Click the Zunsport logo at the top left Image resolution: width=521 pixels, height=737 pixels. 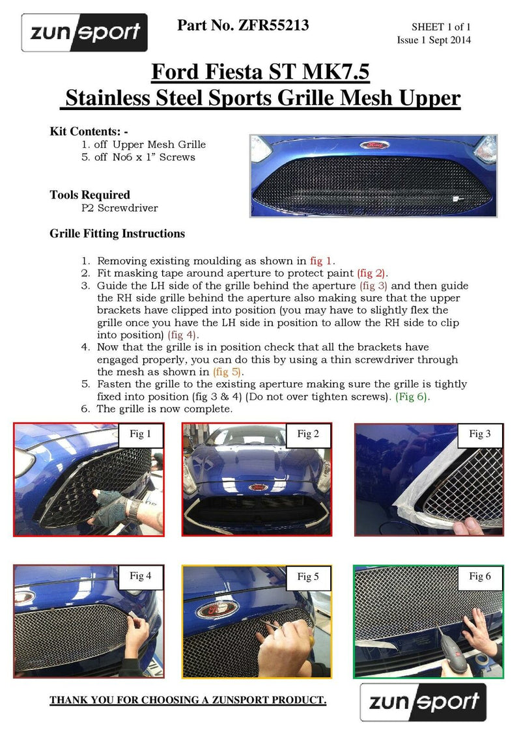pos(84,33)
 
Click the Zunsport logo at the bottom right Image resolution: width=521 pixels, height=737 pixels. pos(423,702)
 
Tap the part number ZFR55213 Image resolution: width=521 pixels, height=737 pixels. pos(242,25)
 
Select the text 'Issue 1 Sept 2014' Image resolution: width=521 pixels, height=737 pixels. pos(434,40)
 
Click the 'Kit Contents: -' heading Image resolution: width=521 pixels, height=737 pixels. pos(89,132)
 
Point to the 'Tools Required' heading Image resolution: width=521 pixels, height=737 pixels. pos(90,195)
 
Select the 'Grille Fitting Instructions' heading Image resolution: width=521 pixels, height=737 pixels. pos(117,233)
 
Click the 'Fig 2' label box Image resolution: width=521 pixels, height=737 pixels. pos(308,434)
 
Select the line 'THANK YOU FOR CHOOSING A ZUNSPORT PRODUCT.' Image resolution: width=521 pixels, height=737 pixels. pos(188,700)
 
